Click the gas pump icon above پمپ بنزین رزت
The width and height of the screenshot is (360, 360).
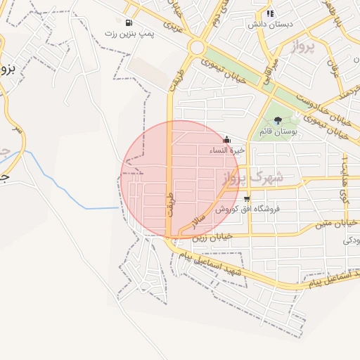(x=128, y=22)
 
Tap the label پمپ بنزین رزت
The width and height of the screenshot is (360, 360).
(x=129, y=33)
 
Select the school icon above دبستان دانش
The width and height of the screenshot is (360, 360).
(x=271, y=13)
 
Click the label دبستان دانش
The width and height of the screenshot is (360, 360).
(x=270, y=24)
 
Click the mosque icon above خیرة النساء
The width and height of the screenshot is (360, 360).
(x=226, y=139)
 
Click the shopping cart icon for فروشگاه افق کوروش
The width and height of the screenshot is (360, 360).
(x=246, y=199)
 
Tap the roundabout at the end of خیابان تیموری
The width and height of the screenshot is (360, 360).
(x=196, y=48)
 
